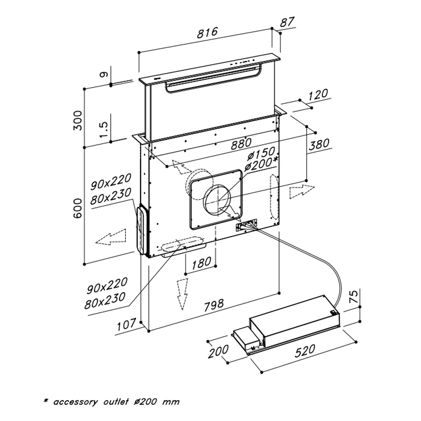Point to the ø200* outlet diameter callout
[261, 164]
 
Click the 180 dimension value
[201, 264]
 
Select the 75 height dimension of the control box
[354, 296]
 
